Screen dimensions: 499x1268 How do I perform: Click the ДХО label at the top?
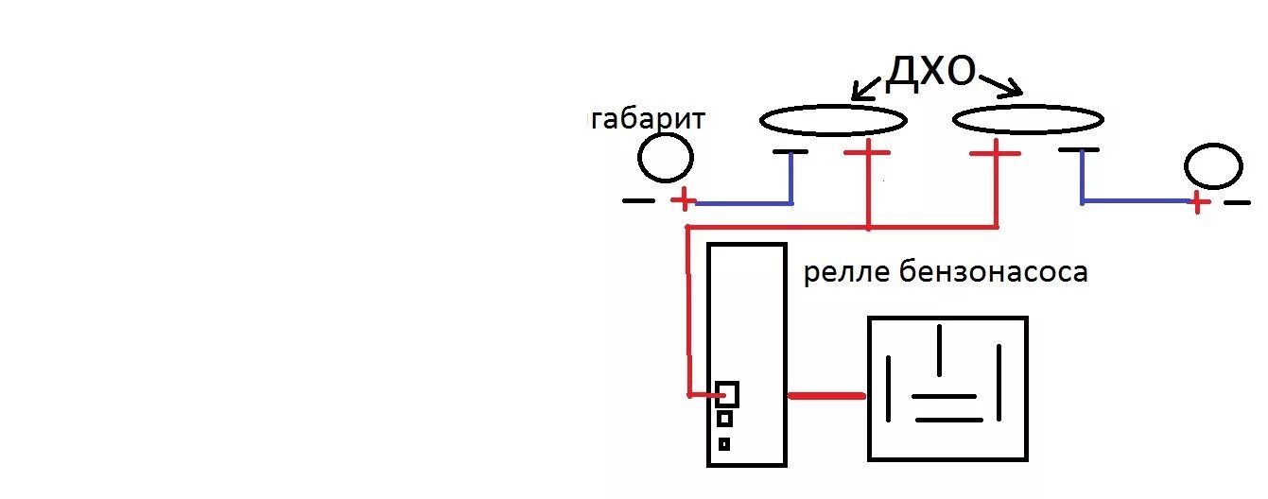[x=930, y=73]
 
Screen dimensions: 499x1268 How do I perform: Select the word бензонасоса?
[x=995, y=273]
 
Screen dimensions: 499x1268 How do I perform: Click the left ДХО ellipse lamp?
[x=834, y=120]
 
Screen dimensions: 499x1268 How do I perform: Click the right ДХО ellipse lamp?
[x=1028, y=119]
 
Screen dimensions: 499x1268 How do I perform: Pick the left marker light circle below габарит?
[x=665, y=158]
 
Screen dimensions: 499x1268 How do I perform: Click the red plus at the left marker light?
[x=684, y=200]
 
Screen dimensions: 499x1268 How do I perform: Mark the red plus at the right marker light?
[x=1198, y=202]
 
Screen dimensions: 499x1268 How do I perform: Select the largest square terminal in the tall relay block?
[x=727, y=393]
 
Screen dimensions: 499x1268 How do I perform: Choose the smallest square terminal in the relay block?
[x=724, y=443]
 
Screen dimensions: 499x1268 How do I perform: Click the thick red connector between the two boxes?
[x=826, y=396]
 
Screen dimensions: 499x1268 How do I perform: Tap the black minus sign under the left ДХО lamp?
[x=790, y=151]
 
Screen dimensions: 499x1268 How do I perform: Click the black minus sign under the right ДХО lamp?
[x=1079, y=150]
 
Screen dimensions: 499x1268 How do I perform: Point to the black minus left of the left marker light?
[x=638, y=200]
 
